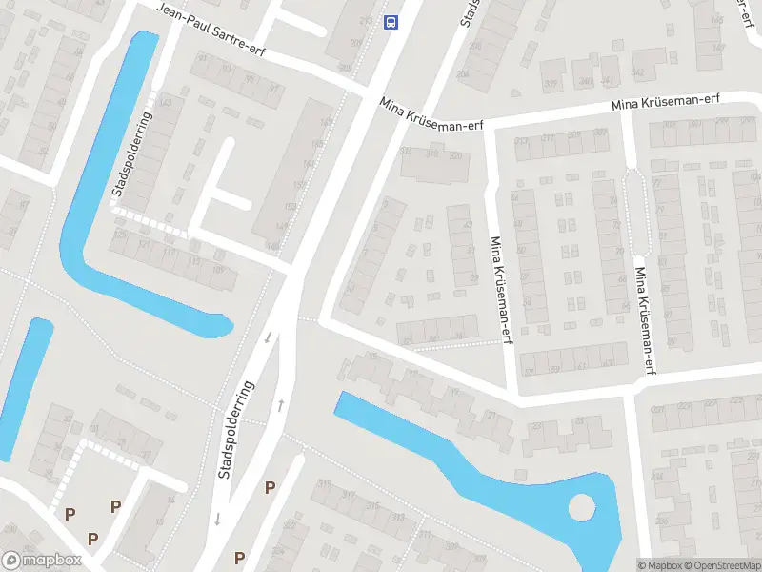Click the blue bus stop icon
[x=391, y=22]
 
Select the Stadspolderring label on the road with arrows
[x=238, y=429]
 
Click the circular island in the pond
[x=580, y=508]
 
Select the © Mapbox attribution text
[x=660, y=565]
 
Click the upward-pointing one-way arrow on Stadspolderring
[x=281, y=405]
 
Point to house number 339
[x=551, y=83]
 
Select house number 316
[x=431, y=153]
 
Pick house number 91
[x=201, y=59]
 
